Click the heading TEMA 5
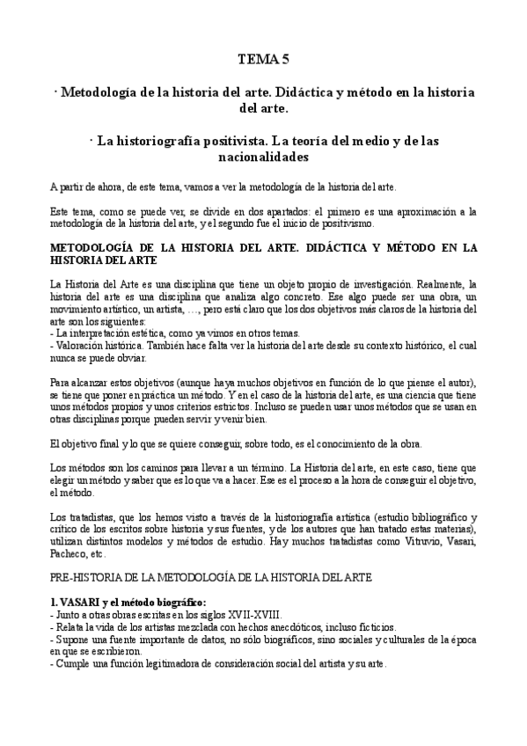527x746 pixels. pos(263,59)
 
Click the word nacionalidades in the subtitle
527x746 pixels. pos(263,157)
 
